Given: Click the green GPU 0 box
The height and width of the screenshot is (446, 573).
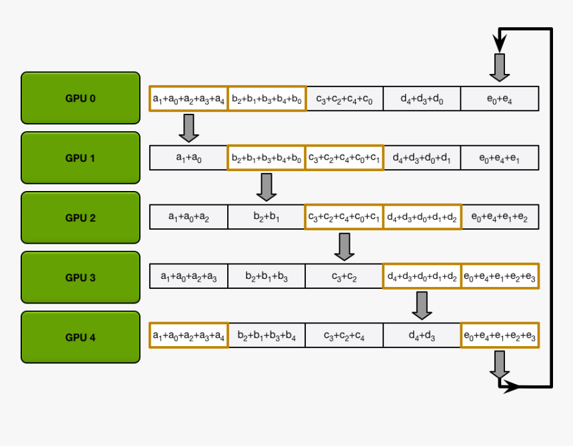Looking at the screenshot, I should point(81,98).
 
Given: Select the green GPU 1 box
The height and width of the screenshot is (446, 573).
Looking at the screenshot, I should point(81,158).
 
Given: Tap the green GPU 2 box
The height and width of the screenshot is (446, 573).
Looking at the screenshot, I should point(81,218).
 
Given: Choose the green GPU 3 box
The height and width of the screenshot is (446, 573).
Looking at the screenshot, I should point(81,278).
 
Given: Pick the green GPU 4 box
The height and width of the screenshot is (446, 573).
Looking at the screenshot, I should point(81,337).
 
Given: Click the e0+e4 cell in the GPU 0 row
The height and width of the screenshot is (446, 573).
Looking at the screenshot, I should point(499,99).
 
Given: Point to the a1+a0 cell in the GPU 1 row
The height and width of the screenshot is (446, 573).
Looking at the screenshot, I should point(189,158).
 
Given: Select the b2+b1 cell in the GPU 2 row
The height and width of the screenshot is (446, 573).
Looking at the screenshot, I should point(267,217).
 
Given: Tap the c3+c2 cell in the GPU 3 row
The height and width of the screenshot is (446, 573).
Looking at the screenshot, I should point(344,276).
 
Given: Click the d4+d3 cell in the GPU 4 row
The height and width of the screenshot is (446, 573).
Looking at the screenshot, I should point(422,335).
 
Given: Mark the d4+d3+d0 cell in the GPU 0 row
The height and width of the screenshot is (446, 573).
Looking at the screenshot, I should point(422,99).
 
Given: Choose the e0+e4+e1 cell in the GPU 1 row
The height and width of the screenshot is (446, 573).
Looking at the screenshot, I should point(499,158).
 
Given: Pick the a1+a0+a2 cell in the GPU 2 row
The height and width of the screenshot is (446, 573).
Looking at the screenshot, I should point(189,217).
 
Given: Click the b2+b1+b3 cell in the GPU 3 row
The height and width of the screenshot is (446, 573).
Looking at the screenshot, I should point(267,276).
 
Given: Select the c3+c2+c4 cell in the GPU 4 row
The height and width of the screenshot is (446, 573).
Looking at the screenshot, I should point(344,335).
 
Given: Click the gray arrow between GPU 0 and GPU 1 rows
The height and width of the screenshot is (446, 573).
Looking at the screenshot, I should point(189,128).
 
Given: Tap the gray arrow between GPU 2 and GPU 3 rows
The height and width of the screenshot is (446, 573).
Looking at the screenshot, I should point(344,246).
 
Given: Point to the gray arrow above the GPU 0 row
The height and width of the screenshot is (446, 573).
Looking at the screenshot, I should point(500,67).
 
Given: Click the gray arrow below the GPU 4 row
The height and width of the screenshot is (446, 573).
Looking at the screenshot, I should point(500,363).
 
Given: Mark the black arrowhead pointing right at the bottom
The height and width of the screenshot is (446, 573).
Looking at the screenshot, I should point(511,386).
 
